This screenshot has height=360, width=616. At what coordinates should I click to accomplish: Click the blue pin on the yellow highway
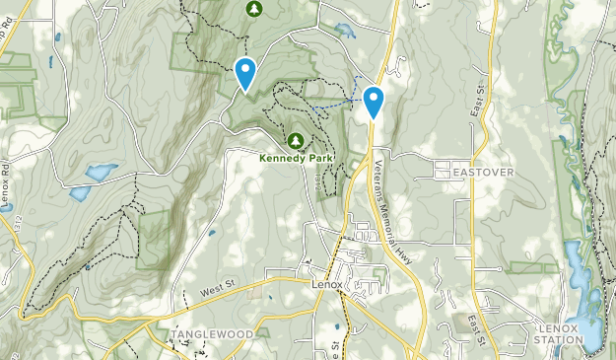coord(374,101)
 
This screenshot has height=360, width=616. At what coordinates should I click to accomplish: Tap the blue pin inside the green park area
coord(244,72)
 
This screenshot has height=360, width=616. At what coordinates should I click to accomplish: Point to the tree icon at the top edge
coord(253,8)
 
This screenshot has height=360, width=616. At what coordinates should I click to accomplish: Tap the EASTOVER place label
coord(484,172)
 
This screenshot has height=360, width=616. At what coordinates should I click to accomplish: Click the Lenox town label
coord(326,285)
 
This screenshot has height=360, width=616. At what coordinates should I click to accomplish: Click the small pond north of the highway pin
coord(344,30)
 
